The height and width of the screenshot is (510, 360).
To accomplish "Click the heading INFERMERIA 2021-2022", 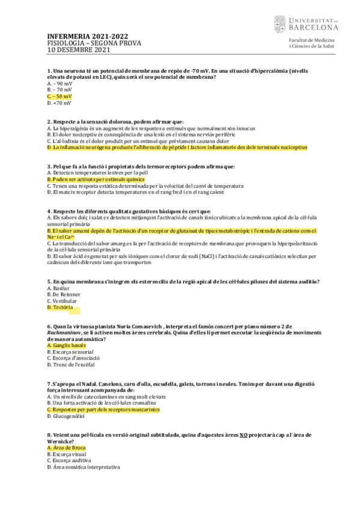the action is tap(87, 36).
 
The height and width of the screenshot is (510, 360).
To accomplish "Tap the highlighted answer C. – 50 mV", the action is tap(59, 96).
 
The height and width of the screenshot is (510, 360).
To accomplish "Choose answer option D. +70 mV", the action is tap(58, 103).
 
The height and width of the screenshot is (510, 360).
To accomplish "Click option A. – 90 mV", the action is tap(59, 83).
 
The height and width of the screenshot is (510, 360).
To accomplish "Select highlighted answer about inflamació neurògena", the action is tap(172, 147).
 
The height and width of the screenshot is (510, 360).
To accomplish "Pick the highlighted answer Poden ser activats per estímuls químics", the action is tap(96, 179).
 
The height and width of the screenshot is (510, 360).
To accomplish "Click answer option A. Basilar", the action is tap(59, 288).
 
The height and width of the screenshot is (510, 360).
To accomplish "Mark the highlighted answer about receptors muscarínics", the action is tap(103, 410).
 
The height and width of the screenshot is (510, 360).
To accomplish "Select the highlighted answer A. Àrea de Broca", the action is tap(66, 448).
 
